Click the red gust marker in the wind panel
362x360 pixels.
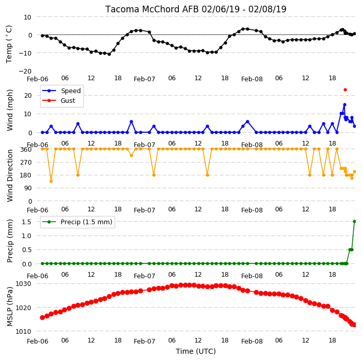[345, 90]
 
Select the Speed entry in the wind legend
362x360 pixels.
[61, 91]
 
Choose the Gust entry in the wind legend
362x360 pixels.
[59, 100]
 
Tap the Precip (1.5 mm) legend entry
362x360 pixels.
[77, 222]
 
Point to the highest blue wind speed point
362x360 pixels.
[345, 105]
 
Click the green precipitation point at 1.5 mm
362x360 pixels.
[355, 222]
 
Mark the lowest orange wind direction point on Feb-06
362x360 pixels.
[51, 181]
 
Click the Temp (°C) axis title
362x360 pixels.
[9, 44]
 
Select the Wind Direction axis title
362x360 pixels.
[10, 176]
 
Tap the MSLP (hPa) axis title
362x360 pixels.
[10, 307]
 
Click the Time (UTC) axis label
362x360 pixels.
[196, 351]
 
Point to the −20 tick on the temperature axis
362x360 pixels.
[25, 71]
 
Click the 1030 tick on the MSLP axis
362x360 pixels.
[23, 283]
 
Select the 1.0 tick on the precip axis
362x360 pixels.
[27, 236]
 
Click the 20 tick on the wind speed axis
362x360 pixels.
[28, 95]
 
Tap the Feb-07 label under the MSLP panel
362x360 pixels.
[144, 341]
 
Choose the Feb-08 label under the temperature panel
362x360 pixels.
[252, 79]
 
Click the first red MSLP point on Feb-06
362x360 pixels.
[42, 317]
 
